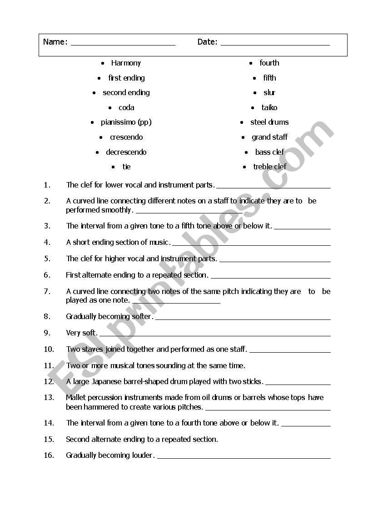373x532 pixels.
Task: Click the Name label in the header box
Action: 55,42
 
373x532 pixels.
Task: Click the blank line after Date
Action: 275,45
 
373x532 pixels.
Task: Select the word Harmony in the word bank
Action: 126,63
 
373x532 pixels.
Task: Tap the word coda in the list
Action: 126,107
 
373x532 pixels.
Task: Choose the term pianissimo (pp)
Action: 126,122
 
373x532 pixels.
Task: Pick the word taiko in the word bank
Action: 269,107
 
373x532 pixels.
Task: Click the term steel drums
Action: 269,122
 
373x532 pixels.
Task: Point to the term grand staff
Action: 270,137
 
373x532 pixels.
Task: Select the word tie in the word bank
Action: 126,167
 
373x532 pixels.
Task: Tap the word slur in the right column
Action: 269,92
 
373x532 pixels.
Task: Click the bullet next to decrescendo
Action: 97,152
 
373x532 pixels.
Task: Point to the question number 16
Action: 49,455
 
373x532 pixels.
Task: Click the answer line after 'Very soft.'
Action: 214,335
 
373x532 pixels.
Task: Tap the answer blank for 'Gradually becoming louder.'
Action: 244,458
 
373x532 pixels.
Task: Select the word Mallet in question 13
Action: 75,397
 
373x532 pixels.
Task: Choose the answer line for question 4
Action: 251,245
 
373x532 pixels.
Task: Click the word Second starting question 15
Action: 78,439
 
